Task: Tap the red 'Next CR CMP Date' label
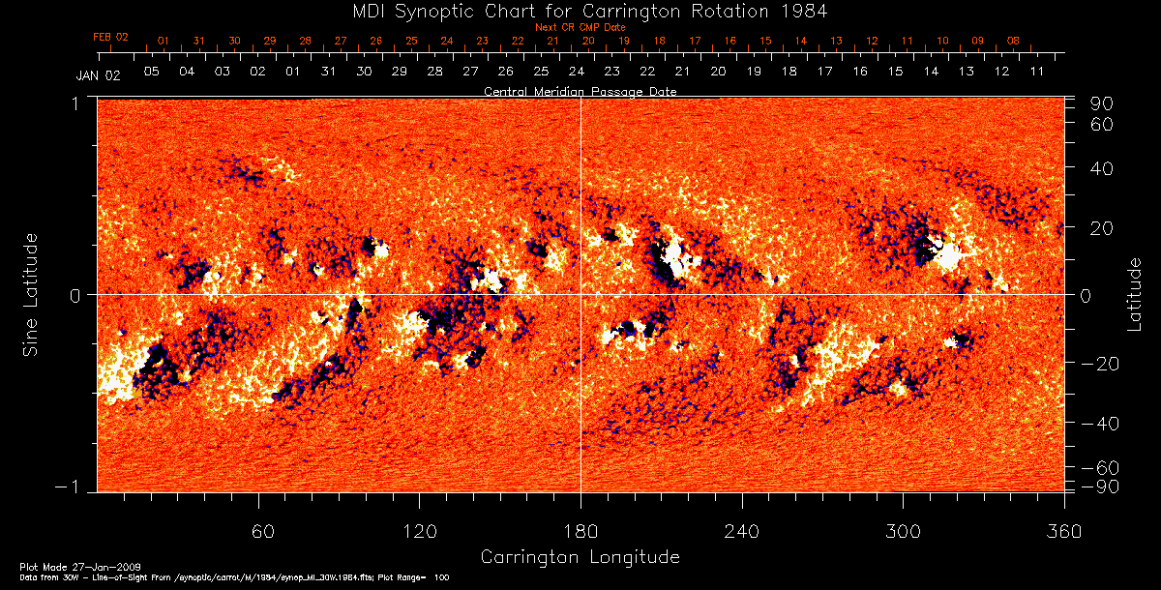[x=580, y=28]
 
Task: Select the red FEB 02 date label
[x=110, y=36]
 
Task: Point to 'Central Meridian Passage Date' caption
[x=580, y=91]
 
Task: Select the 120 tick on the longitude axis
[x=420, y=531]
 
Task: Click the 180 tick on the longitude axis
[x=580, y=531]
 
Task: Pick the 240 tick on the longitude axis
[x=741, y=531]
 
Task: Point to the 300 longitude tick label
[x=902, y=531]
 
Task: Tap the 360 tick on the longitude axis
[x=1063, y=531]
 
